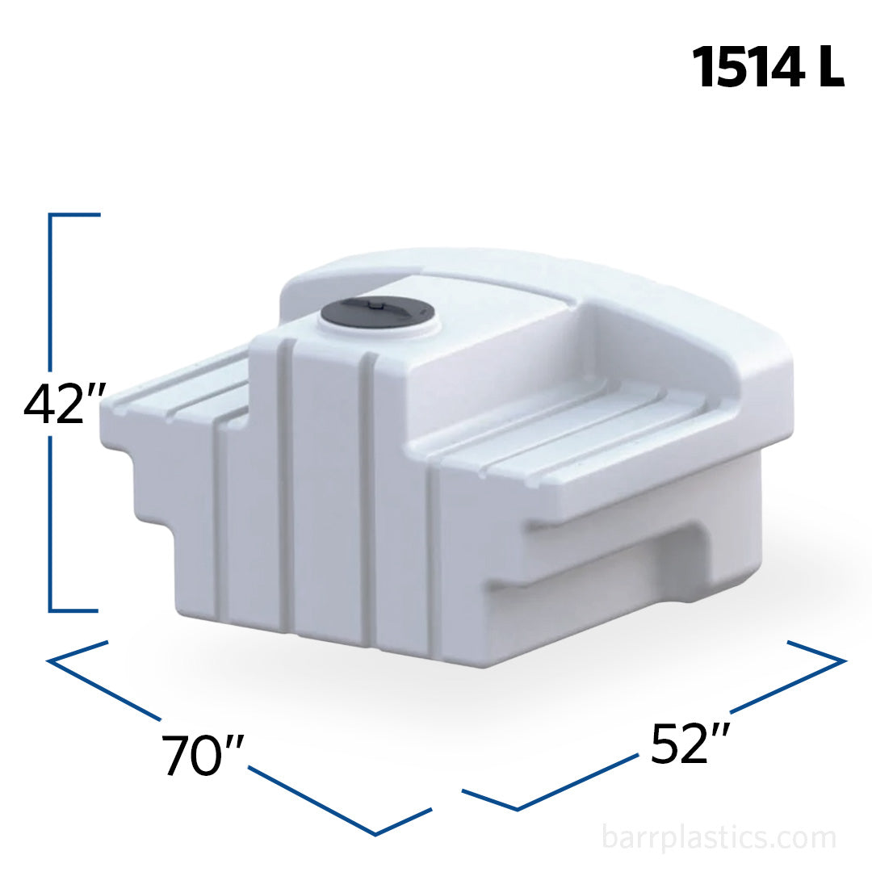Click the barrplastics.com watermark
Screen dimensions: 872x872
pos(719,838)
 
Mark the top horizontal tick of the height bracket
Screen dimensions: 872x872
pos(75,216)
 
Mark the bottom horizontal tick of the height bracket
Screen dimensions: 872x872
pos(75,610)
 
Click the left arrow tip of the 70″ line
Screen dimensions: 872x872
pos(50,661)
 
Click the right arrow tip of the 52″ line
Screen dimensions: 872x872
pos(843,661)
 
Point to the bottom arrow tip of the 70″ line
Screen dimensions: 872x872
pos(376,833)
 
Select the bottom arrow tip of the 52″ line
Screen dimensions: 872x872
pos(517,808)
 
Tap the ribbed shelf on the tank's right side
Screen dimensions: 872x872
pos(565,436)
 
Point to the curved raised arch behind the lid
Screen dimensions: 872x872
pos(525,266)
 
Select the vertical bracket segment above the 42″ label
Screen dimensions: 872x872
pos(51,291)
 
